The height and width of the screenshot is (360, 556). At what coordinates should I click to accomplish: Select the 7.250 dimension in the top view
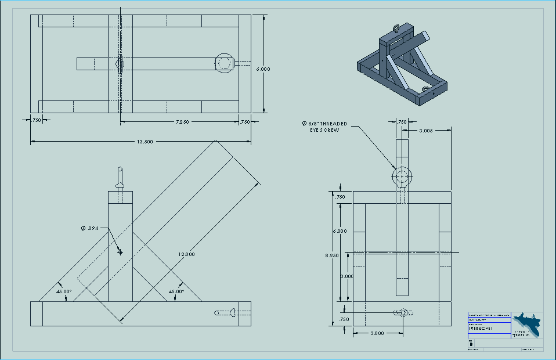tap(183, 122)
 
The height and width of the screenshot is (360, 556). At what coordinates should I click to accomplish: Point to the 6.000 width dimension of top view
tap(263, 69)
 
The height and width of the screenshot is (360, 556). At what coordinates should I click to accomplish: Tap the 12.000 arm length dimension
tap(186, 254)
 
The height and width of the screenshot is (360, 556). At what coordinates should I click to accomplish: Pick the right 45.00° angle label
tap(176, 291)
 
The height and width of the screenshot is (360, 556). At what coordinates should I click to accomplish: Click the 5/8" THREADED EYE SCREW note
tap(325, 127)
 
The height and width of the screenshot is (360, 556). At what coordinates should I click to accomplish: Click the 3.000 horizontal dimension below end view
tap(377, 333)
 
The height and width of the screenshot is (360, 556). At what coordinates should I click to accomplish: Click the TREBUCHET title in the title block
tap(479, 328)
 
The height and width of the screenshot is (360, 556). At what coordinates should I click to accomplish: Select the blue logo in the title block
tap(527, 324)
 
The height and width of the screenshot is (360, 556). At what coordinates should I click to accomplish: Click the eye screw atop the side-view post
tap(120, 178)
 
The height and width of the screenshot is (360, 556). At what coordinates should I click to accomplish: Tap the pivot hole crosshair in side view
tap(120, 252)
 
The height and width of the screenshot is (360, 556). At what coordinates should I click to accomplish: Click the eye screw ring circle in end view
tap(402, 176)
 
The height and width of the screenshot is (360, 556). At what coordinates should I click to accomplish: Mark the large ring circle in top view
tap(225, 63)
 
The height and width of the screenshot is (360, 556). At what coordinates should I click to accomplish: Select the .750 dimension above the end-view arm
tap(402, 122)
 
